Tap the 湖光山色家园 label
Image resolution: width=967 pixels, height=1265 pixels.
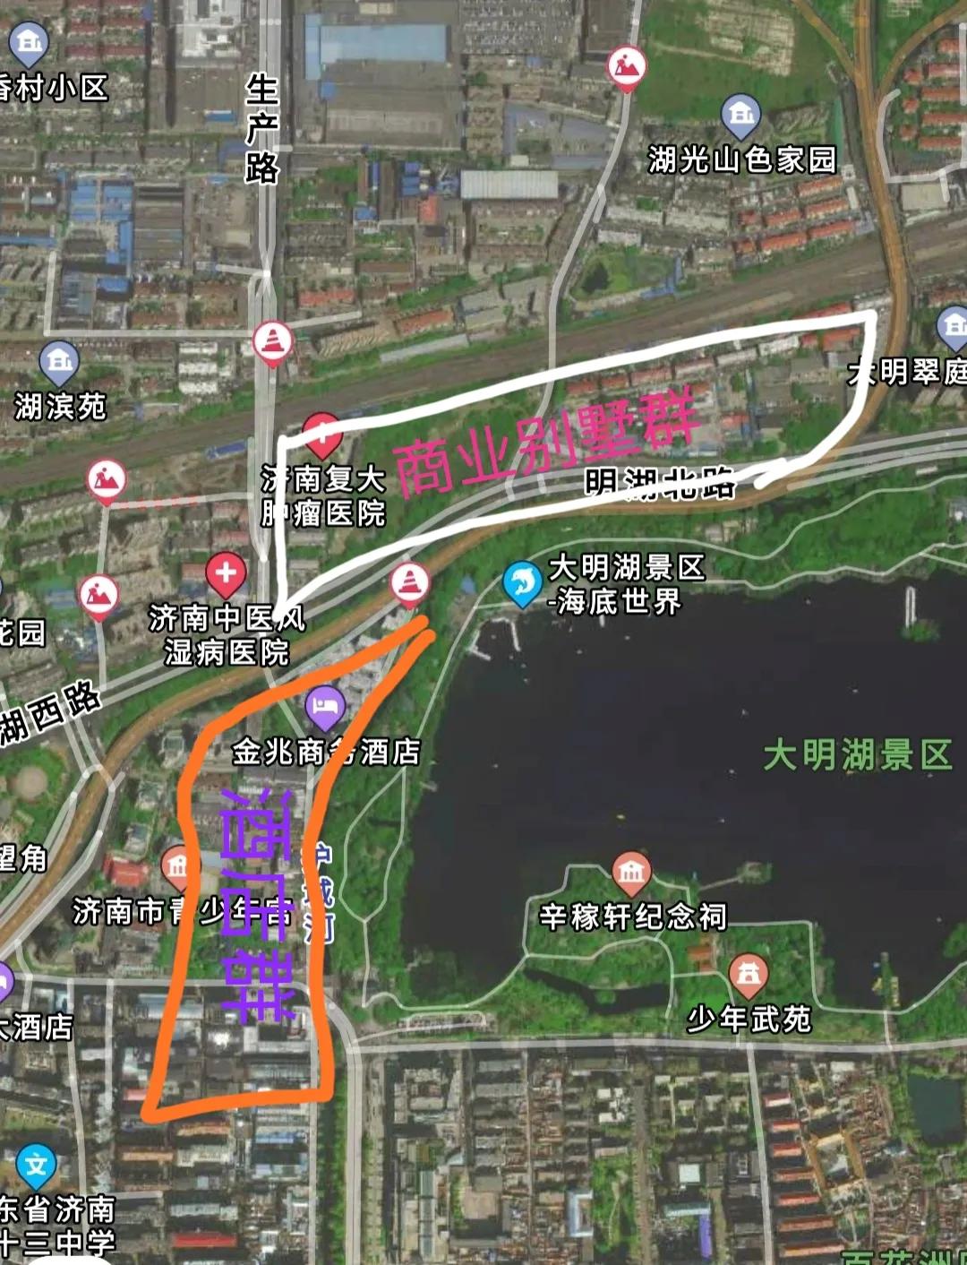[x=741, y=160]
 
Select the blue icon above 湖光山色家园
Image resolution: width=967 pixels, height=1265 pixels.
[x=740, y=115]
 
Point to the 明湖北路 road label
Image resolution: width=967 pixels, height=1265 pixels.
[x=660, y=483]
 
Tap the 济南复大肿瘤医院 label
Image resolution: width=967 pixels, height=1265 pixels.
[x=323, y=495]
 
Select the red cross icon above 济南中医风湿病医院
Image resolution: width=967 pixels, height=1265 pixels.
[x=226, y=573]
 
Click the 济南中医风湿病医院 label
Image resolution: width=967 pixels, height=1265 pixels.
[x=227, y=634]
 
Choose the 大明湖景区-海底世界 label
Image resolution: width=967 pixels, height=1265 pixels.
[x=626, y=583]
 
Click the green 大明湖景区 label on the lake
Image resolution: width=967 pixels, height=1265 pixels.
[x=857, y=755]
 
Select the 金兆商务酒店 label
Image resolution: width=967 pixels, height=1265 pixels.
[x=326, y=752]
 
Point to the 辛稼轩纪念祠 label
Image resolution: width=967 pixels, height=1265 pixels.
[x=632, y=916]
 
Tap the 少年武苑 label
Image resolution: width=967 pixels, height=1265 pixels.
[x=749, y=1019]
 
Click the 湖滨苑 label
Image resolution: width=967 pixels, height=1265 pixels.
[x=60, y=407]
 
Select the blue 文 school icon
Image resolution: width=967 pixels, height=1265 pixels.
[x=36, y=1165]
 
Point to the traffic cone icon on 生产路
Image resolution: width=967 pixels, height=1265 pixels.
[x=271, y=342]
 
